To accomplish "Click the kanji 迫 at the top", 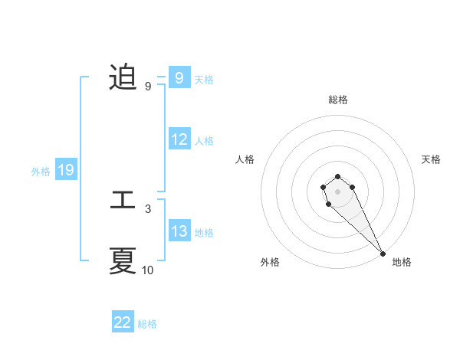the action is point(123,78).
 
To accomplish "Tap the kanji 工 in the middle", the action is point(123,201).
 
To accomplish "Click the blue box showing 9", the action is point(179,78).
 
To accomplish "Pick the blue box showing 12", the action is point(179,139).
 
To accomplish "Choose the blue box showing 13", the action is point(179,231).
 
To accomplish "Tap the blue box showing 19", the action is point(66,170).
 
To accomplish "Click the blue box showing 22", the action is point(123,322).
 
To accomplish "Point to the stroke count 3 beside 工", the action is point(147,208).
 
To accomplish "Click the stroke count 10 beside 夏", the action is point(147,270).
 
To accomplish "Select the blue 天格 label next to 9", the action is point(204,79).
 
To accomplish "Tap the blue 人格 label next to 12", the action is point(204,140).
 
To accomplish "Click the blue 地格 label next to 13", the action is point(204,232).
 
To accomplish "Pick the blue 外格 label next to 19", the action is point(41,171).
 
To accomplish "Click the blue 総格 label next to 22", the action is point(147,323).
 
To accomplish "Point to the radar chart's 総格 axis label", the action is point(337,100).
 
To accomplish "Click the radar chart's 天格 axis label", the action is point(432,159).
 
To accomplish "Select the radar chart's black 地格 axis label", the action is point(402,262).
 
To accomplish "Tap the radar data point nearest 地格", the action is point(383,254).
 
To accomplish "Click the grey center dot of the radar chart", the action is point(337,191).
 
